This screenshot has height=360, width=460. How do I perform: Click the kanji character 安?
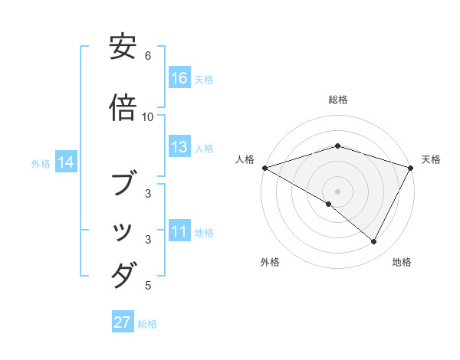coord(123,48)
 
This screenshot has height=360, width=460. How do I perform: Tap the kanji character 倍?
coord(123,110)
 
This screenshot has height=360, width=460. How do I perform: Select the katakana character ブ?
coord(123,183)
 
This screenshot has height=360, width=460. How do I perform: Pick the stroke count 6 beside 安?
coord(148,56)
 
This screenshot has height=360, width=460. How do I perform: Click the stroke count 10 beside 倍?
coord(148,117)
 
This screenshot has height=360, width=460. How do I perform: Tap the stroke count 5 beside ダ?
coord(148,286)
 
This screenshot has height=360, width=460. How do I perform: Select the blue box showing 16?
coord(179,78)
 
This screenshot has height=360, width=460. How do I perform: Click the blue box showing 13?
coord(179,147)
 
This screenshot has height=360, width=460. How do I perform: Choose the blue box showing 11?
coord(179,231)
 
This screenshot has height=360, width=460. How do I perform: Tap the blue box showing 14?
coord(66,162)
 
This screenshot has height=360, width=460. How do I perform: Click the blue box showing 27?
coord(123,322)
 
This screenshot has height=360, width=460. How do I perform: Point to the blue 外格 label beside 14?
coord(41,163)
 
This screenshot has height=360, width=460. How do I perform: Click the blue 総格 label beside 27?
coord(147,324)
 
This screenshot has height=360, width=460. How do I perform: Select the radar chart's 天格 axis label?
coord(431,159)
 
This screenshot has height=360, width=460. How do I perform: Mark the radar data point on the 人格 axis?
coord(264,168)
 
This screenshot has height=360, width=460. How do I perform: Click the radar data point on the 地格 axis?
coord(374,242)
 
